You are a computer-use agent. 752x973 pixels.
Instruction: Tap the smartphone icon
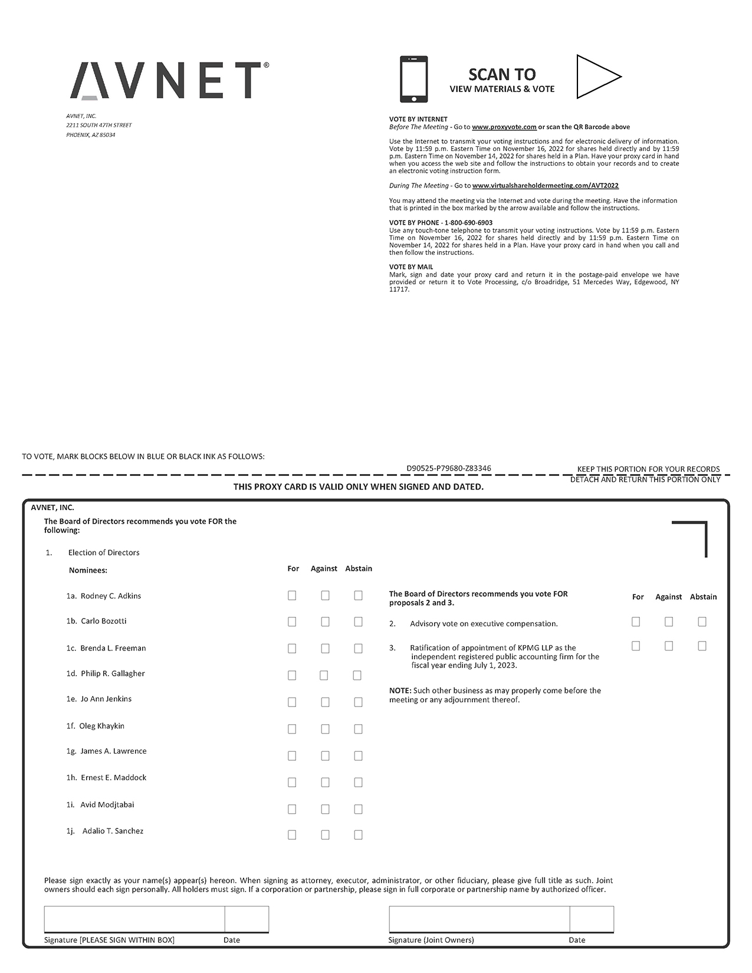[413, 79]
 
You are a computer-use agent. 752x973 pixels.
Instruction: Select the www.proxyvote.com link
[504, 127]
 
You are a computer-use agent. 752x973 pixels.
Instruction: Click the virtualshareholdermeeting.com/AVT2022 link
[546, 186]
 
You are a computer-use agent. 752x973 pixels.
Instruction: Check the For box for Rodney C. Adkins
[292, 596]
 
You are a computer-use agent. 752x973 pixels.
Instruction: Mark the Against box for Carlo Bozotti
[325, 622]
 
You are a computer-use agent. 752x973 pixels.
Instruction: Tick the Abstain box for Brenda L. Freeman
[358, 649]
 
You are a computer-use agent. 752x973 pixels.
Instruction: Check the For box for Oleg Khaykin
[292, 729]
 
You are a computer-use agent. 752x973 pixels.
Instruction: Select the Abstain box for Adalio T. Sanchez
[358, 835]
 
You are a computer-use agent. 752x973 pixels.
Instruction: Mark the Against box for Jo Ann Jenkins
[325, 702]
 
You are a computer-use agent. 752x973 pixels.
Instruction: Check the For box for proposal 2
[636, 622]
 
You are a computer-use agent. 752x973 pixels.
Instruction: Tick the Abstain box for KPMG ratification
[702, 646]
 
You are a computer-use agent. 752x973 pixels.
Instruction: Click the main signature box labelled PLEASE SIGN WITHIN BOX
[134, 919]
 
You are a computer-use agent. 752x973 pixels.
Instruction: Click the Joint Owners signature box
[479, 919]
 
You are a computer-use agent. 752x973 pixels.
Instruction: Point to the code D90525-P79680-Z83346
[449, 468]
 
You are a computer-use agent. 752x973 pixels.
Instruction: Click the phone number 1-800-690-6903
[468, 223]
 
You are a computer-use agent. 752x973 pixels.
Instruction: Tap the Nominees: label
[88, 570]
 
